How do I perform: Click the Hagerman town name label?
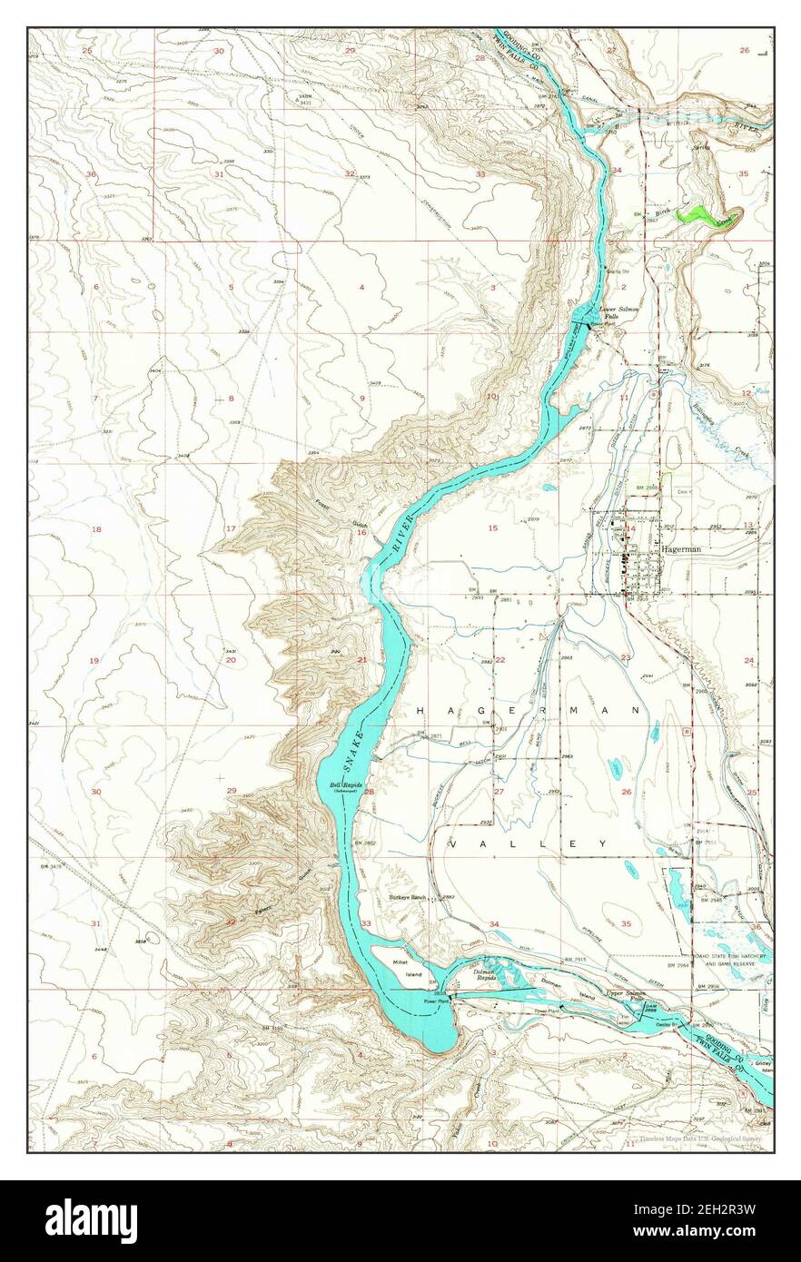coord(686,549)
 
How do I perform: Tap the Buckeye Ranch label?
coord(408,896)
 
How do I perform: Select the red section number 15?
coord(493,527)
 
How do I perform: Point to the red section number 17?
coord(231,528)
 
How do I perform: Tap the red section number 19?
coord(94,660)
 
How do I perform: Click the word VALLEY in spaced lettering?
coord(528,843)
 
